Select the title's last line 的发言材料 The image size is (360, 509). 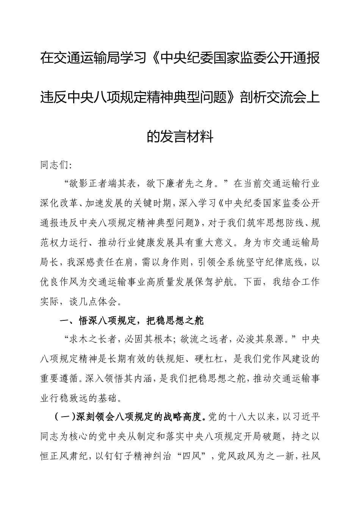coord(180,136)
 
